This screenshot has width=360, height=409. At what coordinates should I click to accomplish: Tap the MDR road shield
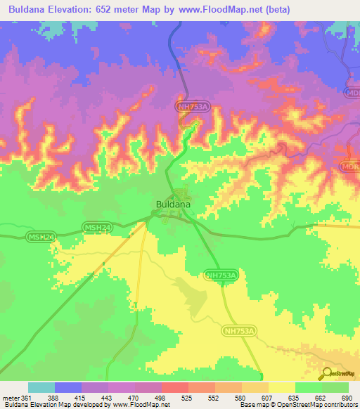tap(350, 166)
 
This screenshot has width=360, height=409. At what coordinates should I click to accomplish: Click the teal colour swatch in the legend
tap(41, 387)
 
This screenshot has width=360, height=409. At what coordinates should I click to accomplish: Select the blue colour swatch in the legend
tap(68, 387)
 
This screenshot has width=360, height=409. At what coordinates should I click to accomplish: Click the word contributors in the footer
tap(339, 404)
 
